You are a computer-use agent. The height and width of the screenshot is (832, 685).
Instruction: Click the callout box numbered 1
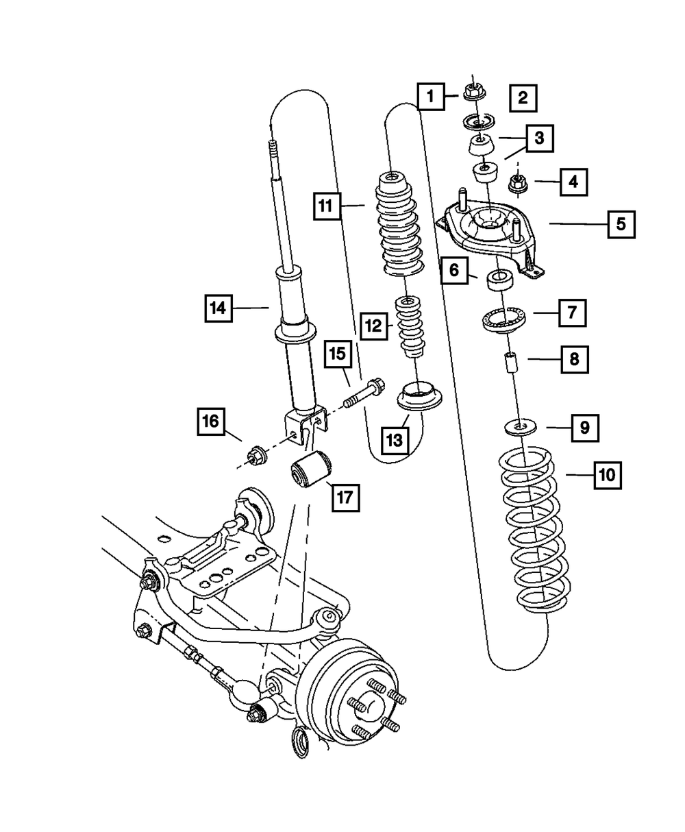[431, 96]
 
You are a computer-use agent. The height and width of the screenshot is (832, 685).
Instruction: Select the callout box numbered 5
[620, 223]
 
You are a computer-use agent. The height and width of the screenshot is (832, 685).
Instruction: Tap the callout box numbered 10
[607, 474]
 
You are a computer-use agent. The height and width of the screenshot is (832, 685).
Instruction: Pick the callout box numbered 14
[218, 308]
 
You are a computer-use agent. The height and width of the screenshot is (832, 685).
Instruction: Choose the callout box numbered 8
[574, 358]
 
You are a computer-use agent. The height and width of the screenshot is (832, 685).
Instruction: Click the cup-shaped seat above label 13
[417, 395]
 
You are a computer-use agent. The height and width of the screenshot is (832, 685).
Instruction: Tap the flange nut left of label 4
[517, 183]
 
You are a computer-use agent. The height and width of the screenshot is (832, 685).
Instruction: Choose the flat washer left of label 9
[520, 426]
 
